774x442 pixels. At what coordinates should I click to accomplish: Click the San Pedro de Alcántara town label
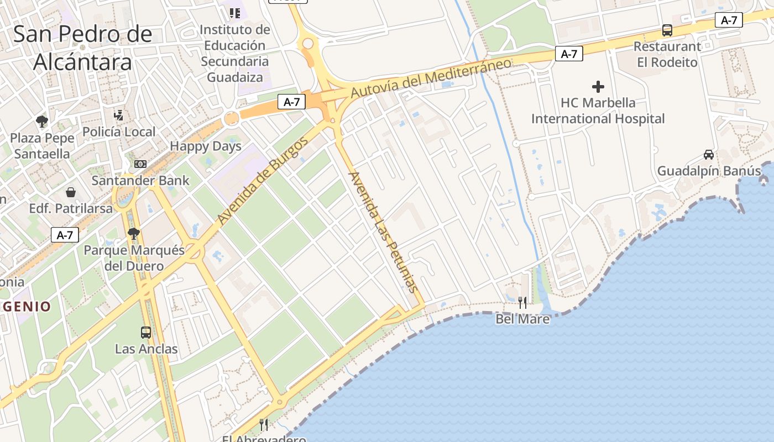click(x=83, y=48)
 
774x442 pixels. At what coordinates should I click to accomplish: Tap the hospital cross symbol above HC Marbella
click(x=598, y=87)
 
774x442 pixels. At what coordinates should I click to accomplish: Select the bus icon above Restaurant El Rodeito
click(x=667, y=30)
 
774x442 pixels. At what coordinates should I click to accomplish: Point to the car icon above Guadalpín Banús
click(x=709, y=155)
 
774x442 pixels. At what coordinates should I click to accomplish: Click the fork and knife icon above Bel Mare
click(x=522, y=303)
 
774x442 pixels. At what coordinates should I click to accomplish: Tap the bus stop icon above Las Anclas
click(x=146, y=333)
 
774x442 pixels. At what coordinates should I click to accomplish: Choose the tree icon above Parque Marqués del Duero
click(x=133, y=234)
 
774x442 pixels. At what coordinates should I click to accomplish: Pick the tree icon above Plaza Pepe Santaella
click(x=41, y=122)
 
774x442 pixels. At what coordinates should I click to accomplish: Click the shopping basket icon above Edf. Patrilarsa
click(x=71, y=192)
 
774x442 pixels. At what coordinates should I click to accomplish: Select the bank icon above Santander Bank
click(x=140, y=164)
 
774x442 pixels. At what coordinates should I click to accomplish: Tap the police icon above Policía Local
click(x=118, y=115)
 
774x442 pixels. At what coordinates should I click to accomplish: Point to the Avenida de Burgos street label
click(x=263, y=181)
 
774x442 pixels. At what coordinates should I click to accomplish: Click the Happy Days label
click(x=206, y=146)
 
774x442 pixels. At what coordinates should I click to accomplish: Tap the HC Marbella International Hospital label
click(x=598, y=110)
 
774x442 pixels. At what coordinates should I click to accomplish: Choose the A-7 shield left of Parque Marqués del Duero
click(x=65, y=235)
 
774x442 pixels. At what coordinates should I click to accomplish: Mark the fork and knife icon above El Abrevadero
click(x=264, y=425)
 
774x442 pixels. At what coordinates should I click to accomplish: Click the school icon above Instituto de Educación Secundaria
click(x=235, y=13)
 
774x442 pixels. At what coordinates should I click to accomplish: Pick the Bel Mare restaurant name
click(x=522, y=319)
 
